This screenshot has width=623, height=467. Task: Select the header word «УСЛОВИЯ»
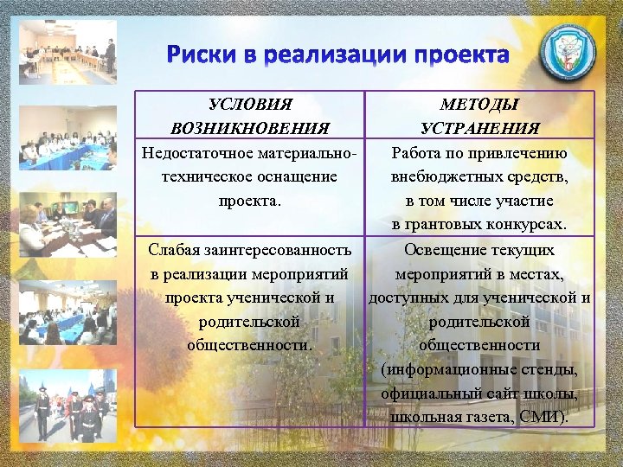tap(250, 105)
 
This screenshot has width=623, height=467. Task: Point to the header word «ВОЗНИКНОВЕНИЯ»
tap(250, 129)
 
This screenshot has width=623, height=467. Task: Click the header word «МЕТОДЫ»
tap(479, 105)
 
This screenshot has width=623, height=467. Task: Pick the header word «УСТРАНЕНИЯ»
tap(479, 129)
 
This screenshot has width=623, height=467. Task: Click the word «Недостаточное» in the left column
tap(198, 153)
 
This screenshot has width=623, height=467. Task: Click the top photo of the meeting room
tap(67, 52)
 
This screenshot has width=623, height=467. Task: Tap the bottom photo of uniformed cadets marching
tap(67, 408)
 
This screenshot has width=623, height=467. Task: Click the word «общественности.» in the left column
tap(250, 344)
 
